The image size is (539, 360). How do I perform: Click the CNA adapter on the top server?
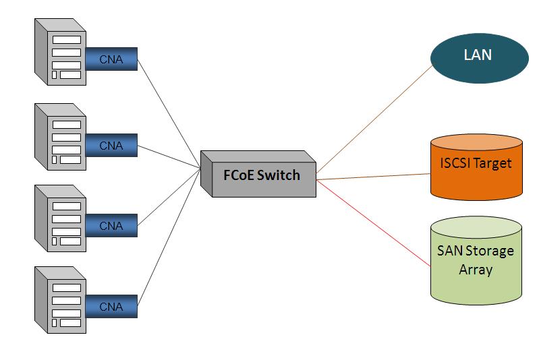(111, 59)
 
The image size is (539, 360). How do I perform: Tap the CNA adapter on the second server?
(111, 145)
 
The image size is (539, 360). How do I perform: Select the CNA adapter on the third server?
(111, 226)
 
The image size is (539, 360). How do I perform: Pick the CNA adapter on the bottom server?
(111, 307)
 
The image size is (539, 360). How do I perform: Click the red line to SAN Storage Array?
(374, 214)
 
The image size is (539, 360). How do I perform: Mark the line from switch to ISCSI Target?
(374, 177)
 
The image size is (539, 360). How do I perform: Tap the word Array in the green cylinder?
(476, 270)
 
